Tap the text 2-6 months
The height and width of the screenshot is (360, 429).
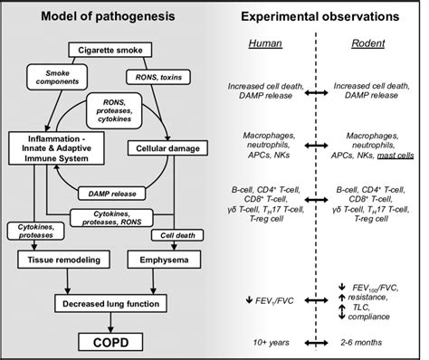coord(368,343)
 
